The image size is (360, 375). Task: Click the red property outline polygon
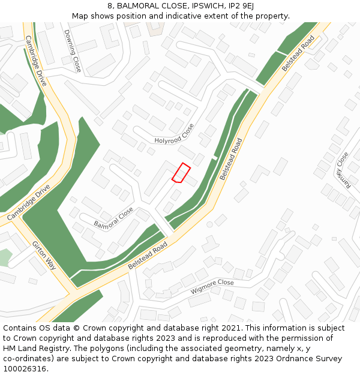pyautogui.click(x=181, y=172)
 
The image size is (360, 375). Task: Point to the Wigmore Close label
pyautogui.click(x=212, y=286)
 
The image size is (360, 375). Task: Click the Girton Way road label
pyautogui.click(x=44, y=255)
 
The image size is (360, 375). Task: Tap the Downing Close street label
pyautogui.click(x=72, y=51)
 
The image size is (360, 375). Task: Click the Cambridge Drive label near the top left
pyautogui.click(x=36, y=60)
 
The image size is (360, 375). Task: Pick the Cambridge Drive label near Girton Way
pyautogui.click(x=28, y=202)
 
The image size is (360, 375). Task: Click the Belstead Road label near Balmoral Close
pyautogui.click(x=147, y=256)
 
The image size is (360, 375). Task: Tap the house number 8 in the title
pyautogui.click(x=110, y=6)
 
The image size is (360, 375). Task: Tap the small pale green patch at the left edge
pyautogui.click(x=4, y=257)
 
